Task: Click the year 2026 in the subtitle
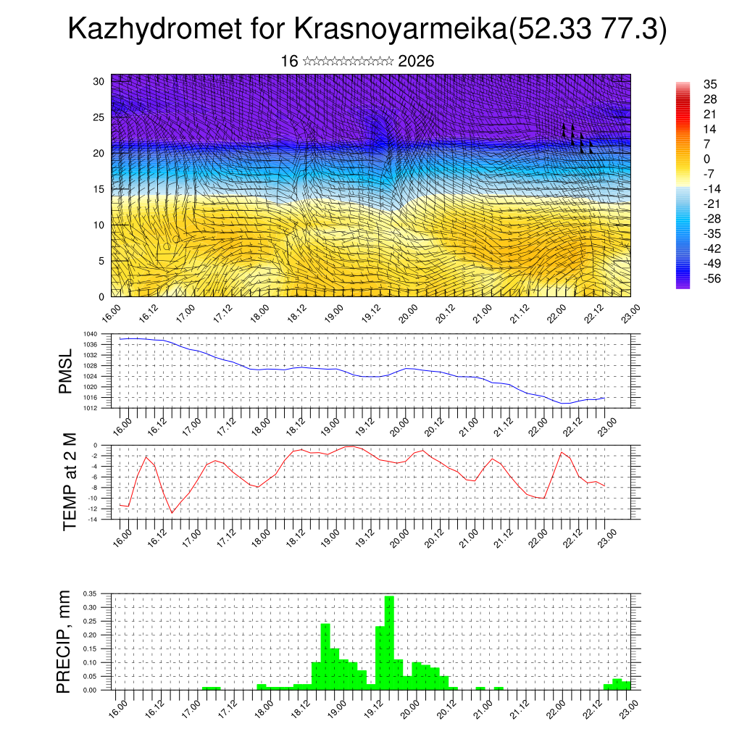pos(416,62)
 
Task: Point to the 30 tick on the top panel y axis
pos(99,80)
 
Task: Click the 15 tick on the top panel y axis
pos(99,189)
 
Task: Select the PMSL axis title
pos(65,372)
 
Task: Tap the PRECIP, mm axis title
pos(65,642)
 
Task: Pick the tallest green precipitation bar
pos(389,642)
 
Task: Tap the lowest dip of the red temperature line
pos(172,513)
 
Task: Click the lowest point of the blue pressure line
pos(566,404)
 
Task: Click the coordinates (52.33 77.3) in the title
pos(588,30)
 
